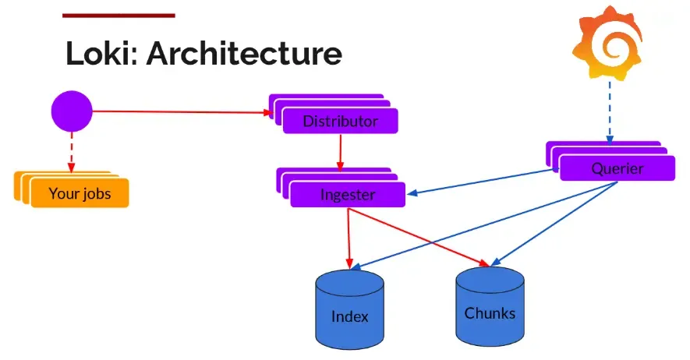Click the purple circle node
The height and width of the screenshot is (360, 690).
point(72,111)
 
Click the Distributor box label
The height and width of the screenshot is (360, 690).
point(340,122)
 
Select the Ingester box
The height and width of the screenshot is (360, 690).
point(348,195)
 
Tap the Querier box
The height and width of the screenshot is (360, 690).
point(617,168)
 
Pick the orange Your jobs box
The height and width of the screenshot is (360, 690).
point(80,194)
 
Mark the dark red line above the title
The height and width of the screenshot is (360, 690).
point(119,15)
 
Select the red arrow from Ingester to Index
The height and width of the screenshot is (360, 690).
point(349,234)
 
